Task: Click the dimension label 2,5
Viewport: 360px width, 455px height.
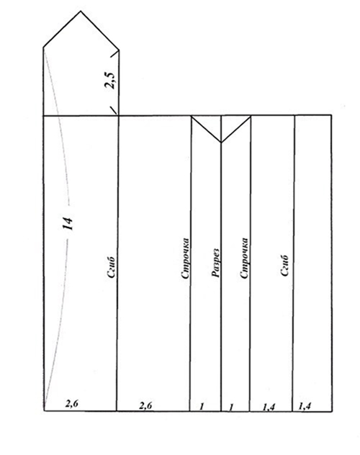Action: [x=110, y=79]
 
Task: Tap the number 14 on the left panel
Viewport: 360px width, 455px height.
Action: [x=68, y=223]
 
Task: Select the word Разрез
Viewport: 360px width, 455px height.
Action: [x=216, y=263]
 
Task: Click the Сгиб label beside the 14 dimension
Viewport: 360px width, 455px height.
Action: [x=112, y=268]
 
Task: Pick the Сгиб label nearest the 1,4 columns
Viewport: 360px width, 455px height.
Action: [x=285, y=266]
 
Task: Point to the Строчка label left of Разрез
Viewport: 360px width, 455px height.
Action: [x=186, y=258]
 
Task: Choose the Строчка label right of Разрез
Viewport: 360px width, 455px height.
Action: [x=245, y=258]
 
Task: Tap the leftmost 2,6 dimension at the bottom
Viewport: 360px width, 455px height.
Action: [x=72, y=404]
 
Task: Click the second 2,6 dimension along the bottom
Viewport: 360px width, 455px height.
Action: [x=145, y=405]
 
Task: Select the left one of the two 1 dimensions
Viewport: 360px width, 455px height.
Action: [x=202, y=407]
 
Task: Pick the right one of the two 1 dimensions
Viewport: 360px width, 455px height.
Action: [x=231, y=407]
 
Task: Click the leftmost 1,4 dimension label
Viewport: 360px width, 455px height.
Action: [x=269, y=407]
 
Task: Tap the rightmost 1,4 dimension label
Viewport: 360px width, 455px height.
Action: [x=305, y=406]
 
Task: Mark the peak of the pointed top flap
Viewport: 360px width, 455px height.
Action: [x=81, y=12]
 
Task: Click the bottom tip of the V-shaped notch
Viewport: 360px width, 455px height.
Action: [x=221, y=143]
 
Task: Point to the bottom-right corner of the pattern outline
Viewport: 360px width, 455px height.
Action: [x=333, y=411]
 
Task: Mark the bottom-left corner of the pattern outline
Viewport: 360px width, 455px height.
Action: [x=44, y=411]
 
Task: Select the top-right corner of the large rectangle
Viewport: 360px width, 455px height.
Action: [x=332, y=115]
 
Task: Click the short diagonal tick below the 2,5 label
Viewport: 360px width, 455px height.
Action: [x=113, y=111]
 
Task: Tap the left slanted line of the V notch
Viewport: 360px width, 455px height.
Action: [x=206, y=129]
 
